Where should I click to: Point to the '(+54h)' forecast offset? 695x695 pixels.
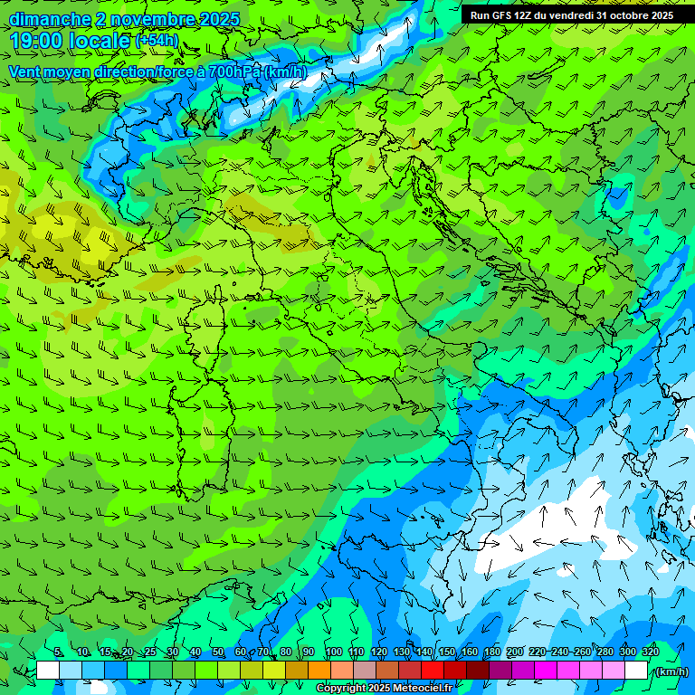click(x=157, y=41)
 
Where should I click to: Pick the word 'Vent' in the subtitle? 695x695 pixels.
click(x=25, y=71)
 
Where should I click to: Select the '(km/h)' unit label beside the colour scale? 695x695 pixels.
click(x=671, y=671)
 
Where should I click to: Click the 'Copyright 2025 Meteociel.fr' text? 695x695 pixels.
click(x=384, y=689)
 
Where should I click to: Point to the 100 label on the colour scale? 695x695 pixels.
click(x=334, y=652)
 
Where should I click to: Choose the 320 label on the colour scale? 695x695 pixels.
click(x=651, y=652)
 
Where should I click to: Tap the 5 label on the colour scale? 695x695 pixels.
click(x=59, y=652)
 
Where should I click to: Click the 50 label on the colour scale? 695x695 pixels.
click(x=218, y=652)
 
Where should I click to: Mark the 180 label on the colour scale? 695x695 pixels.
click(x=492, y=652)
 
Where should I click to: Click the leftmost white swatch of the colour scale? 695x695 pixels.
click(x=48, y=671)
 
